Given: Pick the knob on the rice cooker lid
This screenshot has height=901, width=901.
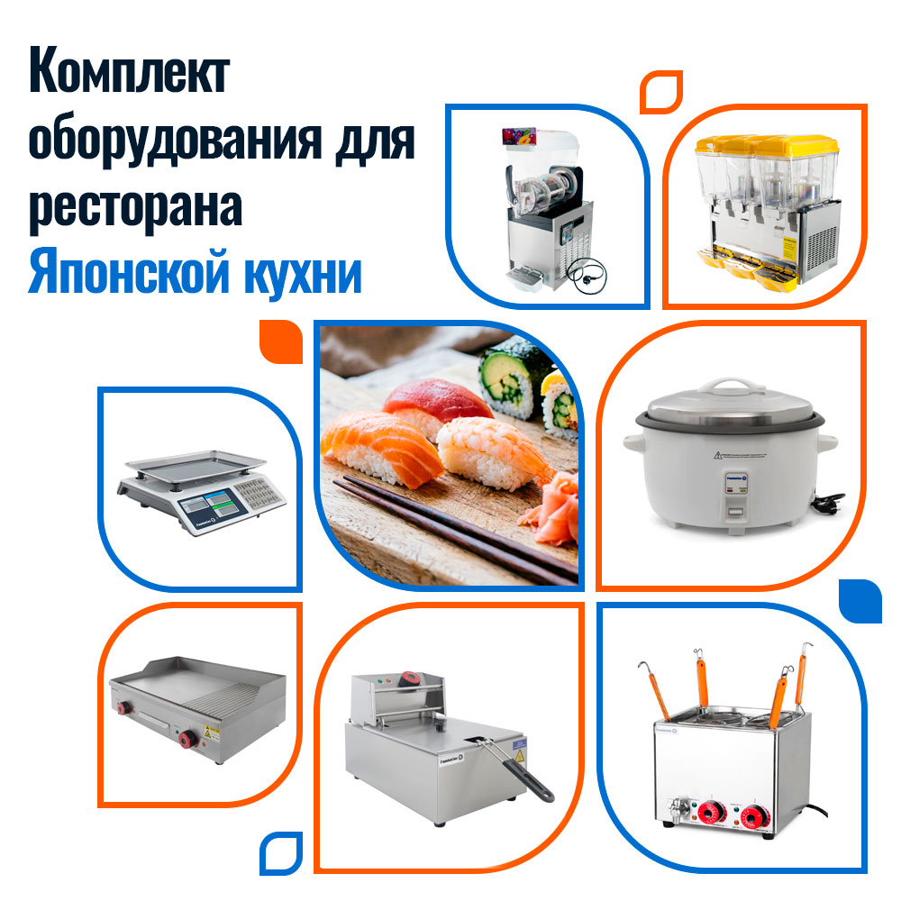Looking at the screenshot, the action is [728, 385].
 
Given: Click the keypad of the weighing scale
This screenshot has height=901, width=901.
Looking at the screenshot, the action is [258, 493].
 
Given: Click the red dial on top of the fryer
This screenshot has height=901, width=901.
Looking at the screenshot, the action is [410, 678].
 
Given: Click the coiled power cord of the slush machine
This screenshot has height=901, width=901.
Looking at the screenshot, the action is [587, 275].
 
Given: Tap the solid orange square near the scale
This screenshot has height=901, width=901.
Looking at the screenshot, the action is [281, 341].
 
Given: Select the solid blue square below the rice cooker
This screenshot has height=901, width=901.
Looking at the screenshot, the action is [860, 601].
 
